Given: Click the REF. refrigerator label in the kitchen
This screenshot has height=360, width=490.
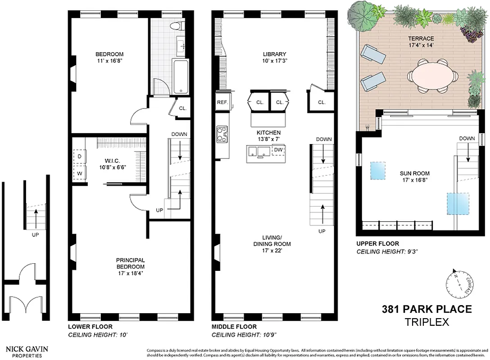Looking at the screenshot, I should [222, 102].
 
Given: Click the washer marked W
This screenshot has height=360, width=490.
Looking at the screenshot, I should [80, 172].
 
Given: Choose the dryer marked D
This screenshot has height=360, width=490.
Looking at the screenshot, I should [80, 157].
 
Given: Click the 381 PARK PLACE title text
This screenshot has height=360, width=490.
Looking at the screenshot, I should [426, 309].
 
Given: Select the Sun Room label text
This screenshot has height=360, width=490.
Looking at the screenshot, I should [414, 173].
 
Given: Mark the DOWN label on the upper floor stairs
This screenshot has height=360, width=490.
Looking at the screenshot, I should [467, 139].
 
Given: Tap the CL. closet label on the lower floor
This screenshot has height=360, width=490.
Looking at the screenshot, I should [183, 108].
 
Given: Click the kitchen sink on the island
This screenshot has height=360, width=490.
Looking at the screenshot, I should [262, 151].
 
